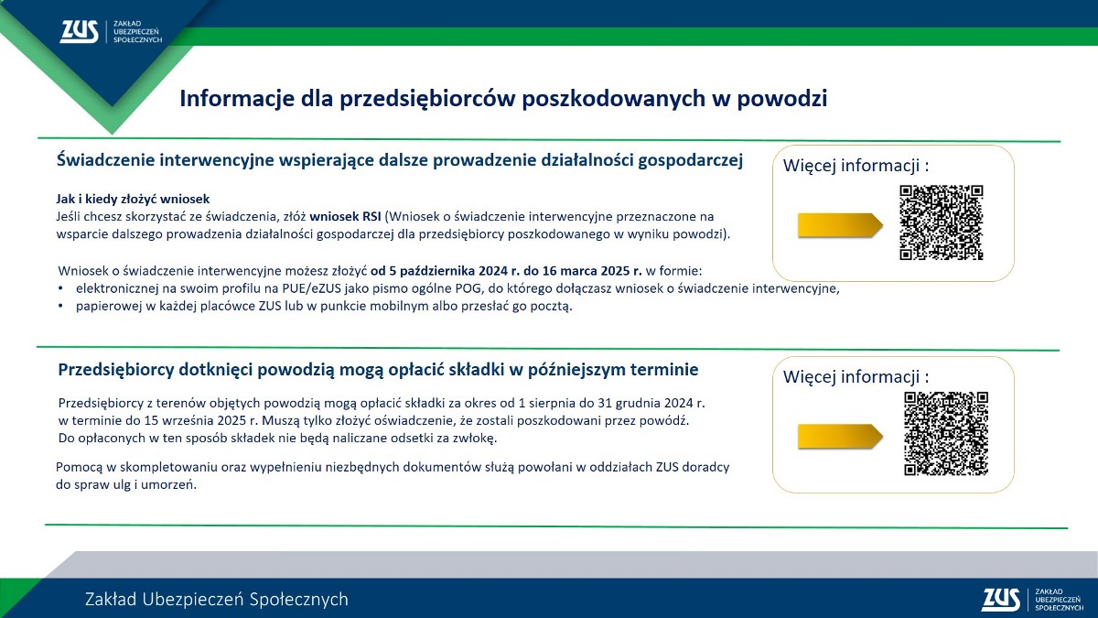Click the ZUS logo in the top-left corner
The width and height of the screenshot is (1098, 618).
pos(112,32)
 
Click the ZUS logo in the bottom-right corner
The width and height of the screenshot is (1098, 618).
pos(1033,600)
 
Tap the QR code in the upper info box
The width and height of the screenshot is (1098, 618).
pos(942,222)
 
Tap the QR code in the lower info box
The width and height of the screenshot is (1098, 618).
pos(946,434)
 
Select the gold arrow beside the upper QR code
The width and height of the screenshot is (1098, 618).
pos(840,225)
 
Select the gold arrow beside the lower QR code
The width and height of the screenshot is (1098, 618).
pos(840,437)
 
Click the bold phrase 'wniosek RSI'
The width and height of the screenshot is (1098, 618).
pos(345,216)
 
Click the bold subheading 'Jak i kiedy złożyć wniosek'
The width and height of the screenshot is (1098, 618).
pos(133,200)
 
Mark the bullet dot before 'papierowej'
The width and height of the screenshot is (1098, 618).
pos(60,306)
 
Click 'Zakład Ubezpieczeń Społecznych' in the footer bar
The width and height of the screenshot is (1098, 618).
pos(217,600)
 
